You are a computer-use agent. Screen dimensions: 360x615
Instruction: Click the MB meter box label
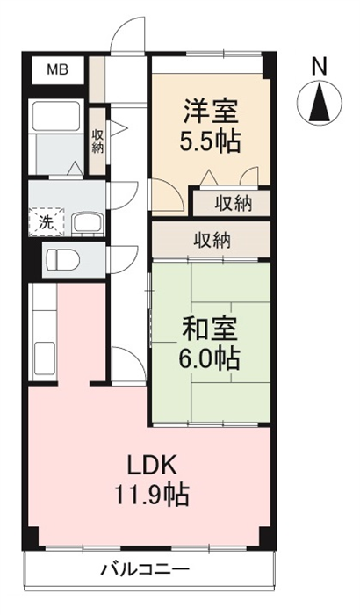point(58,70)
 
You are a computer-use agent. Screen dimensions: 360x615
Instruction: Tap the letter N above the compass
point(320,66)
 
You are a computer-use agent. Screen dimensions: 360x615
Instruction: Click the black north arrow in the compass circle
point(319,103)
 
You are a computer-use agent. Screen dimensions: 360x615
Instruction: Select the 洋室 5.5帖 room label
point(211,126)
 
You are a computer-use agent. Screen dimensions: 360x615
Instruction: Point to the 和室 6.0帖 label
point(210,344)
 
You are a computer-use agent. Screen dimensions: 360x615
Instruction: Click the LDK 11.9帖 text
point(152,481)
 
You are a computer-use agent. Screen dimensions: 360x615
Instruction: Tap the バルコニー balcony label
point(146,568)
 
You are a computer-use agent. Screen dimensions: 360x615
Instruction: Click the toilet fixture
point(62,260)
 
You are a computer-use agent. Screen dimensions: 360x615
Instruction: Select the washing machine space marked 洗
point(47,222)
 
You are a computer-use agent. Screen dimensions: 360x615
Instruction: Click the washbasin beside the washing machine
point(88,224)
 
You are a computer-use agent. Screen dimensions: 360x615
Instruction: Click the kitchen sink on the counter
point(44,358)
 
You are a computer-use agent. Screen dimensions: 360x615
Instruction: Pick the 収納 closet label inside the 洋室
point(233,204)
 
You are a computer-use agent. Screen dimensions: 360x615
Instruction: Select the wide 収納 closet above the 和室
point(212,241)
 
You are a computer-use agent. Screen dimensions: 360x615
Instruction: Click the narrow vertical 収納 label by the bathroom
point(97,141)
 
